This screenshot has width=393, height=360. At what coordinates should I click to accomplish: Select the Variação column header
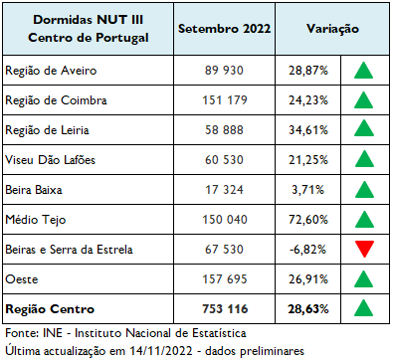[x=332, y=30]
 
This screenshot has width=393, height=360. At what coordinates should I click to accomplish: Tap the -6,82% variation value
[x=309, y=248]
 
